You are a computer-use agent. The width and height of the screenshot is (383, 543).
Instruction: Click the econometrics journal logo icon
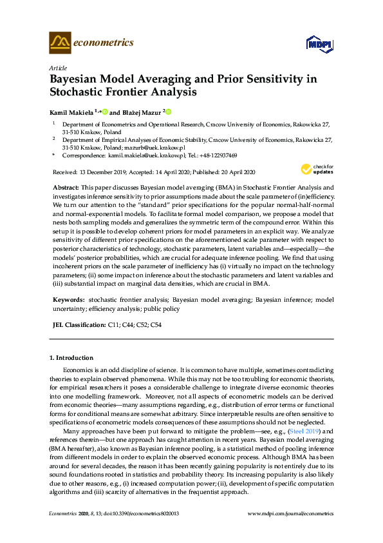(59, 43)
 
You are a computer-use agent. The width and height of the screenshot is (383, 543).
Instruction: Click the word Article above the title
(57, 68)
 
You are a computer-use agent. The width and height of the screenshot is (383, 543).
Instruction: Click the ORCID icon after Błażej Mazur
(169, 110)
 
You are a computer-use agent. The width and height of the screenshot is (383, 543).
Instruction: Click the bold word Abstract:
(66, 186)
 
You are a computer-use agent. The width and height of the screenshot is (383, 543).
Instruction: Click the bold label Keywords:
(68, 300)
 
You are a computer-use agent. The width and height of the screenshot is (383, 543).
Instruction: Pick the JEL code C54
(155, 325)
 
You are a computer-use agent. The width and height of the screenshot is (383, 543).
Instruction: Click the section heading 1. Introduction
(71, 357)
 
